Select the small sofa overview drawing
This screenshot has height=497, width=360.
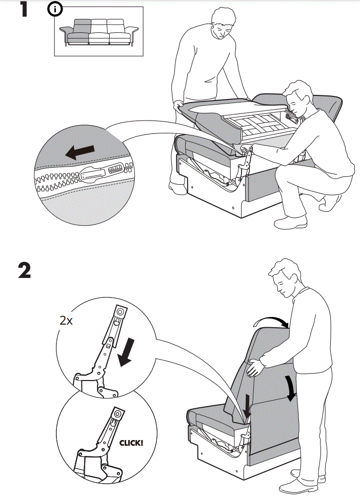pyautogui.click(x=98, y=33)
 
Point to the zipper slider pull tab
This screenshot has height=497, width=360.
pyautogui.click(x=97, y=175)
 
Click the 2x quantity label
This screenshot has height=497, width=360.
pyautogui.click(x=66, y=322)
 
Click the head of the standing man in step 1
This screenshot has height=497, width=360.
pyautogui.click(x=221, y=25)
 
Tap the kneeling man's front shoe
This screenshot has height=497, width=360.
pyautogui.click(x=290, y=222)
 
